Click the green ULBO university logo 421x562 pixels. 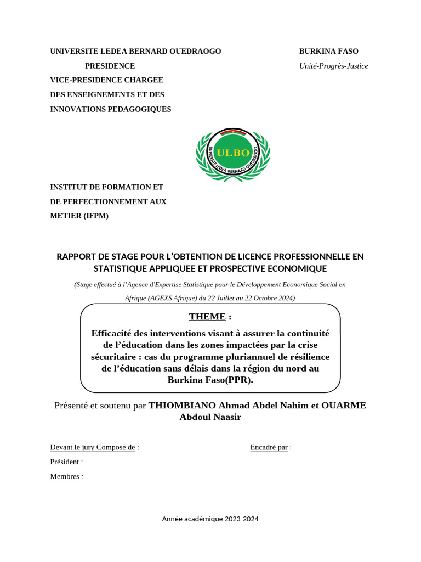(x=233, y=154)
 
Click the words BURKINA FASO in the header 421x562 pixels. (x=328, y=51)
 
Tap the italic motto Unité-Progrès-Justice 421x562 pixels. (x=333, y=66)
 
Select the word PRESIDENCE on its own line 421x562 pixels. (x=117, y=66)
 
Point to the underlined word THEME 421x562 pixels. (x=207, y=317)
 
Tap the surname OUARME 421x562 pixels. (x=344, y=406)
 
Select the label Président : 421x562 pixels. (x=66, y=462)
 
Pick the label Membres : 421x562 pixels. (x=66, y=476)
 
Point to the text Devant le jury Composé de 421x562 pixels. (x=93, y=447)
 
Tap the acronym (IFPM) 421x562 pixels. (x=96, y=216)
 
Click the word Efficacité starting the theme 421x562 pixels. (x=113, y=333)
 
